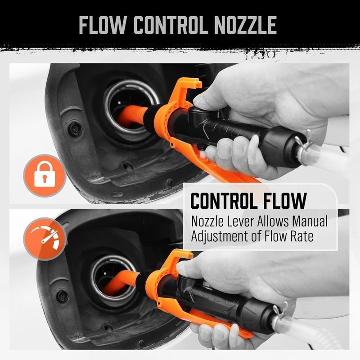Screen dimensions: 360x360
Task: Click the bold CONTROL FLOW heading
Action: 248,201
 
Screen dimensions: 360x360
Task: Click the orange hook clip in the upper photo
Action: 187,88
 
